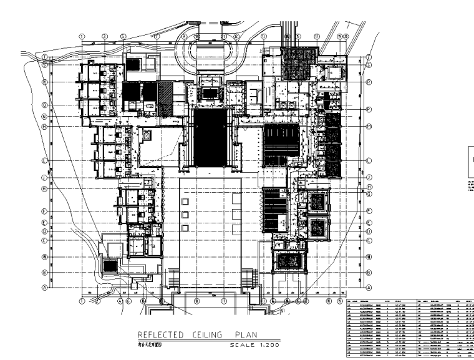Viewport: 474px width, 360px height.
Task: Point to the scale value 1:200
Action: tap(266, 344)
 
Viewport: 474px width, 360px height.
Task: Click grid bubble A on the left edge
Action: tap(45, 288)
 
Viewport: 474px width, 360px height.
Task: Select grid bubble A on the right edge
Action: tap(369, 288)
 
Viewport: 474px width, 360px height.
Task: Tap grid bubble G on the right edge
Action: tap(369, 193)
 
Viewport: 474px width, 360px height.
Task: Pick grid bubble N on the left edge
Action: tap(45, 117)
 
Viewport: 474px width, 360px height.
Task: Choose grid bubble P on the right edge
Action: tap(369, 109)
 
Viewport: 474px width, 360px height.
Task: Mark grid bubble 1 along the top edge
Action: tap(82, 36)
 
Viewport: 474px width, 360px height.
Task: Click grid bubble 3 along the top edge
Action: tap(105, 36)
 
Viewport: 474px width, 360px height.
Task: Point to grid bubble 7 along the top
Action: tap(157, 36)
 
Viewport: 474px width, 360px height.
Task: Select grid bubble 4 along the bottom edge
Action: tap(119, 300)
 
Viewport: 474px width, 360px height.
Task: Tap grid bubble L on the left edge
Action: tap(45, 160)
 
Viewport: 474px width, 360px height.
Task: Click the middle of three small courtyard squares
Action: tap(185, 213)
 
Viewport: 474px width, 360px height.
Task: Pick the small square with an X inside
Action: tap(147, 134)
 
